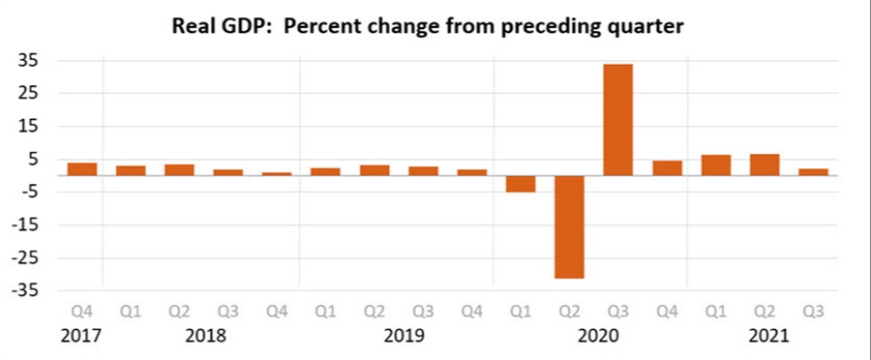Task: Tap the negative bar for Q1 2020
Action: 521,184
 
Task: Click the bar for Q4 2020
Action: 667,168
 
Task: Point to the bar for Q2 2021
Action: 765,165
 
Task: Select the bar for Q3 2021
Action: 813,172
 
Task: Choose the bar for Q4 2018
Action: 277,174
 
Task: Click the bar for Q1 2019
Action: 325,172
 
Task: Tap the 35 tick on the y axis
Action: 27,60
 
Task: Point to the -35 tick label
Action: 24,291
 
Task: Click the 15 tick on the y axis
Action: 27,126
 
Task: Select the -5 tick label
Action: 27,192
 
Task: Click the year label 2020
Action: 593,337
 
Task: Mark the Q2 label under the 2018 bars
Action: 179,313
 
